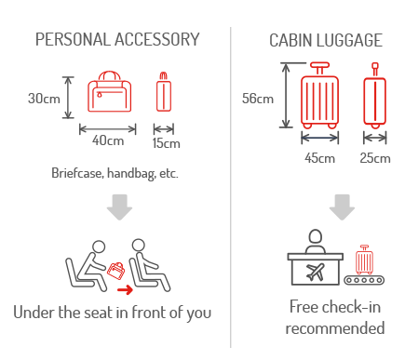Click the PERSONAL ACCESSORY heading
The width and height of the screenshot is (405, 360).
[116, 39]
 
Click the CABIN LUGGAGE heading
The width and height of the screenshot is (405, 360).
[325, 41]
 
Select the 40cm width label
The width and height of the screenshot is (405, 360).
[108, 141]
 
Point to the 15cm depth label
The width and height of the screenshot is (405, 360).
[166, 142]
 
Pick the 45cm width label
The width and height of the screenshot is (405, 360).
[319, 157]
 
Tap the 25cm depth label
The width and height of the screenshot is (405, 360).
[375, 157]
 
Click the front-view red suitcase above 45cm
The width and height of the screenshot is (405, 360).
[320, 97]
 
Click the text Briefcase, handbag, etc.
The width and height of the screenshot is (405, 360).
[115, 173]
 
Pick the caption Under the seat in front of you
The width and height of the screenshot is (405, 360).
[113, 312]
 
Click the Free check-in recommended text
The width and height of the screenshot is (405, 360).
[334, 318]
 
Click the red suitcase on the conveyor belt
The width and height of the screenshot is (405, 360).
[364, 260]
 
